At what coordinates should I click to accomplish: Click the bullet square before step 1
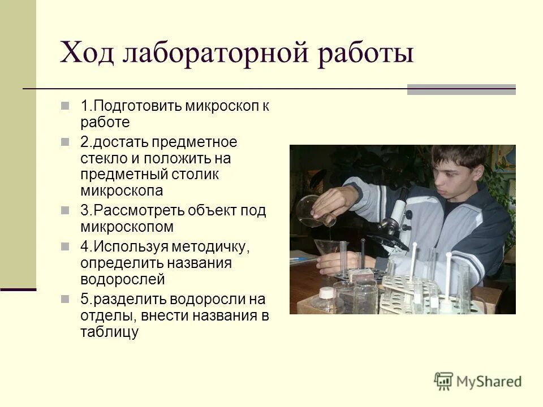(66, 106)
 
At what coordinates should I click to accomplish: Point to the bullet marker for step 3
(66, 211)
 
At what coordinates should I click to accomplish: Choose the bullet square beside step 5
(66, 298)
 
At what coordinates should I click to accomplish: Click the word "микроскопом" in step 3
(127, 227)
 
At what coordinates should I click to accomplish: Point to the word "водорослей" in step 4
(122, 279)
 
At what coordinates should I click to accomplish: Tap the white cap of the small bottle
(326, 292)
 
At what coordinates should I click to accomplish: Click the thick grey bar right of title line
(461, 89)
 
